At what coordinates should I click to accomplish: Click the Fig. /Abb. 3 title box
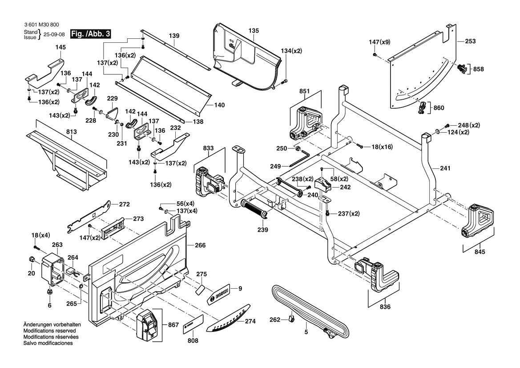90,34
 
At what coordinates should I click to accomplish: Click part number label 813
71,132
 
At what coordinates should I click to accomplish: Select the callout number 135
254,30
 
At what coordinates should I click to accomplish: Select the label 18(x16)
383,147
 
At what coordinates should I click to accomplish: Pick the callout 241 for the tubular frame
445,168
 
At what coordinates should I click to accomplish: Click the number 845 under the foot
480,252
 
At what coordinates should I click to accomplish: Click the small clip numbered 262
292,319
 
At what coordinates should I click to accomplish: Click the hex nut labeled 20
31,259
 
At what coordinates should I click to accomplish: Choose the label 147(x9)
379,42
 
